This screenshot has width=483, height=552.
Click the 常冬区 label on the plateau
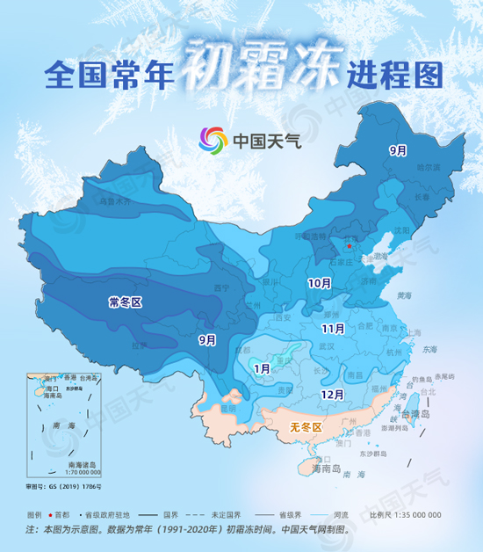126,301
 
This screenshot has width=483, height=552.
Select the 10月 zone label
319,283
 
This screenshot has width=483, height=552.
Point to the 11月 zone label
332,328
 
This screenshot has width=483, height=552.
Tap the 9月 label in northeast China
398,150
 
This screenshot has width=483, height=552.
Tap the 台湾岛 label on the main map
412,412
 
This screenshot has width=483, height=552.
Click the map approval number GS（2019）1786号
63,484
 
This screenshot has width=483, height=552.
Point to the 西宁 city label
221,287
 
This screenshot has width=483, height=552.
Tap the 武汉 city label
327,346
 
